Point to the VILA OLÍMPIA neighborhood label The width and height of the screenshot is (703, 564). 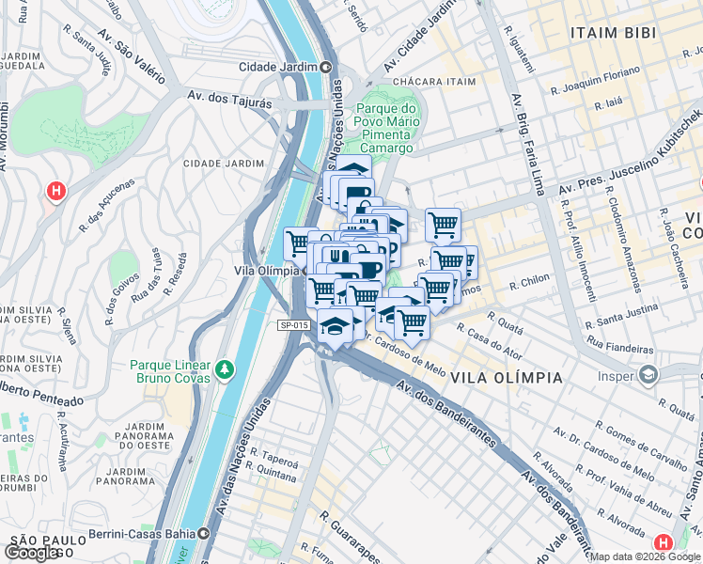tap(507, 378)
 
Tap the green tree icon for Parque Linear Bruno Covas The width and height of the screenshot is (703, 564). tap(224, 368)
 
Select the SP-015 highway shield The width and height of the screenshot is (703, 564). tap(293, 325)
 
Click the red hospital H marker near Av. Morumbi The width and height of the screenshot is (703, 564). tap(56, 192)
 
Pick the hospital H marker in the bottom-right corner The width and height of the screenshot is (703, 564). tap(663, 543)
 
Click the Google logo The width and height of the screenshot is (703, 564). tap(33, 553)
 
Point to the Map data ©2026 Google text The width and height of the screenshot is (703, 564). tap(645, 556)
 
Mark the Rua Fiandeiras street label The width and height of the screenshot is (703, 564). tap(618, 347)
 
